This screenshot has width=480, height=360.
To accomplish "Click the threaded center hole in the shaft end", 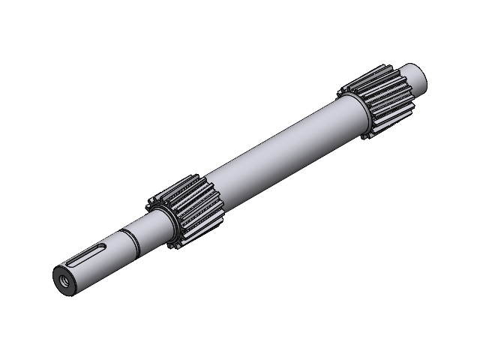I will (64, 274).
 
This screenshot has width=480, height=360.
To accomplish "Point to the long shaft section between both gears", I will (277, 154).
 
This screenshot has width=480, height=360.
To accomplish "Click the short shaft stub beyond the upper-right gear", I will (415, 76).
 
